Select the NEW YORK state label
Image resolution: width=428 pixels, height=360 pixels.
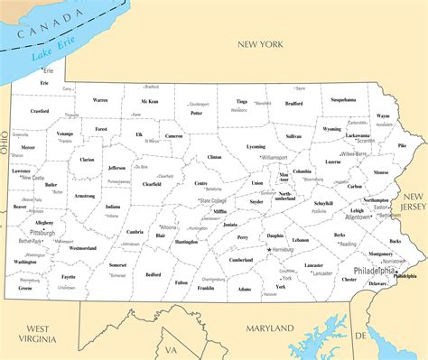[x=261, y=43]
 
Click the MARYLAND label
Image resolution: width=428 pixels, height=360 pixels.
[x=272, y=327]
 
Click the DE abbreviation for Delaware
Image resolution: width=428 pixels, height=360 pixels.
[x=359, y=334]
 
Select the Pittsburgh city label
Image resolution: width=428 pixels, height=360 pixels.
[x=42, y=232]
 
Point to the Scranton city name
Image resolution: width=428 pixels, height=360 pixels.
[x=365, y=141]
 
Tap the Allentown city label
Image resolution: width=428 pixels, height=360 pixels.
[x=358, y=217]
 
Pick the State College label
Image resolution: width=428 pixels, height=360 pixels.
[x=213, y=200]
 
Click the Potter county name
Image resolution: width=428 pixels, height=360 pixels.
[x=197, y=114]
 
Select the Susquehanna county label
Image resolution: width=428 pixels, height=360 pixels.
[x=343, y=99]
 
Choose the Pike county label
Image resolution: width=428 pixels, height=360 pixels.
[x=401, y=145]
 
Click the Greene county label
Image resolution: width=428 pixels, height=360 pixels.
[x=24, y=288]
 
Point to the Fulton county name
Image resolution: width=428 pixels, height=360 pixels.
[x=181, y=282]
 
